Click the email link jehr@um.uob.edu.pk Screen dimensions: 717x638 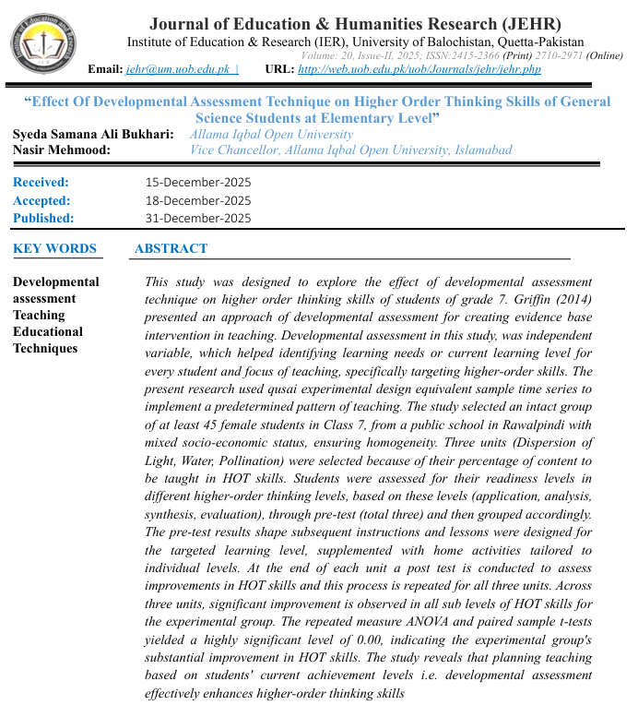178,69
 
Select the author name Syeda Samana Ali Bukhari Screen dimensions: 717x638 92,135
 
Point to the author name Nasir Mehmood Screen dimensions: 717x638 61,150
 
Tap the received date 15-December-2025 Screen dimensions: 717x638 198,183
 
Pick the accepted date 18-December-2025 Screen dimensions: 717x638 198,200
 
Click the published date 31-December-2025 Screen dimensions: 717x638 198,218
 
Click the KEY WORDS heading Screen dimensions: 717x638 54,248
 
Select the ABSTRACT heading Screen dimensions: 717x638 171,248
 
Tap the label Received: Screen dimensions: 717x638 41,183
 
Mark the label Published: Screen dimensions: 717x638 43,218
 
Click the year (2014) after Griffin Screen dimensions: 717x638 573,299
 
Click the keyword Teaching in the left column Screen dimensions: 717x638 39,316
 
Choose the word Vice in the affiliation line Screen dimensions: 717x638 204,150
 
